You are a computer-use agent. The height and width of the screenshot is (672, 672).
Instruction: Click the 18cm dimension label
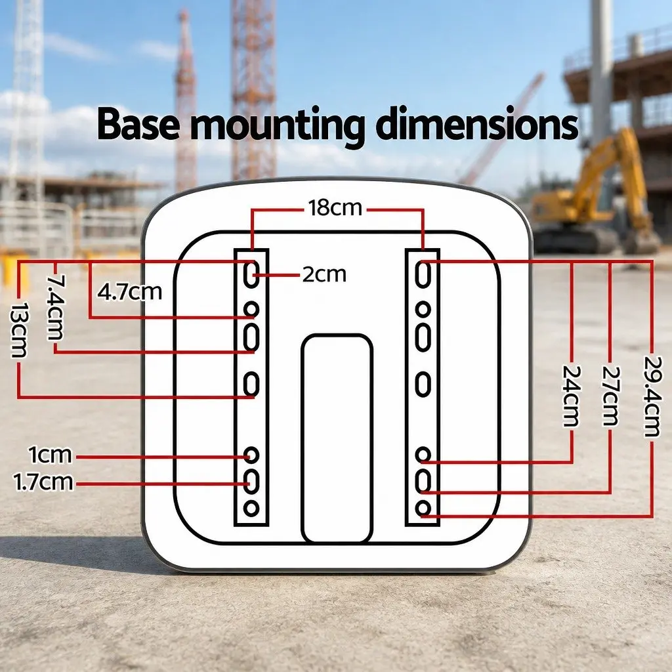pos(335,208)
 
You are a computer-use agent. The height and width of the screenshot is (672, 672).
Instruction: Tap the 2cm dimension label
pos(324,275)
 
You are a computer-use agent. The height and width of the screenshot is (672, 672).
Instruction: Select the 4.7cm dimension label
pos(130,292)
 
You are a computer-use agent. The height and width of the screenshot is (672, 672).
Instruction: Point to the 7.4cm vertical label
pos(56,307)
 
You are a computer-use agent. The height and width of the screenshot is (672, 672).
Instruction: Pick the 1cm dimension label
pos(50,455)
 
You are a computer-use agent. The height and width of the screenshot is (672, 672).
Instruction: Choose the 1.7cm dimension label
pos(43,482)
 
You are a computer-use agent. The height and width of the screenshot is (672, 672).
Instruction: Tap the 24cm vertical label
pos(572,396)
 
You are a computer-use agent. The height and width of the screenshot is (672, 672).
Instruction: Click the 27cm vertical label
pos(611,396)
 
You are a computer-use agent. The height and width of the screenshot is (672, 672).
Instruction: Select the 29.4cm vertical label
pos(652,396)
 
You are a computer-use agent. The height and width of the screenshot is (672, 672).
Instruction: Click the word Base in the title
pos(138,124)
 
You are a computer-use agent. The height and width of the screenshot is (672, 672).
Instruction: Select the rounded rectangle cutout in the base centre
pos(337,438)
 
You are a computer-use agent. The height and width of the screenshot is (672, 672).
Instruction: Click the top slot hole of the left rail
pos(251,274)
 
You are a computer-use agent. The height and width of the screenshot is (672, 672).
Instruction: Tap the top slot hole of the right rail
pos(423,274)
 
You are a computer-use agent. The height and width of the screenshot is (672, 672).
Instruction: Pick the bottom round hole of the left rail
pos(251,509)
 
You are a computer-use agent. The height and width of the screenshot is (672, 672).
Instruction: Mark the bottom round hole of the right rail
pos(423,509)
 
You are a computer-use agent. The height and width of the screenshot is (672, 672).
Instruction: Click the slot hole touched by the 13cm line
pos(251,384)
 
